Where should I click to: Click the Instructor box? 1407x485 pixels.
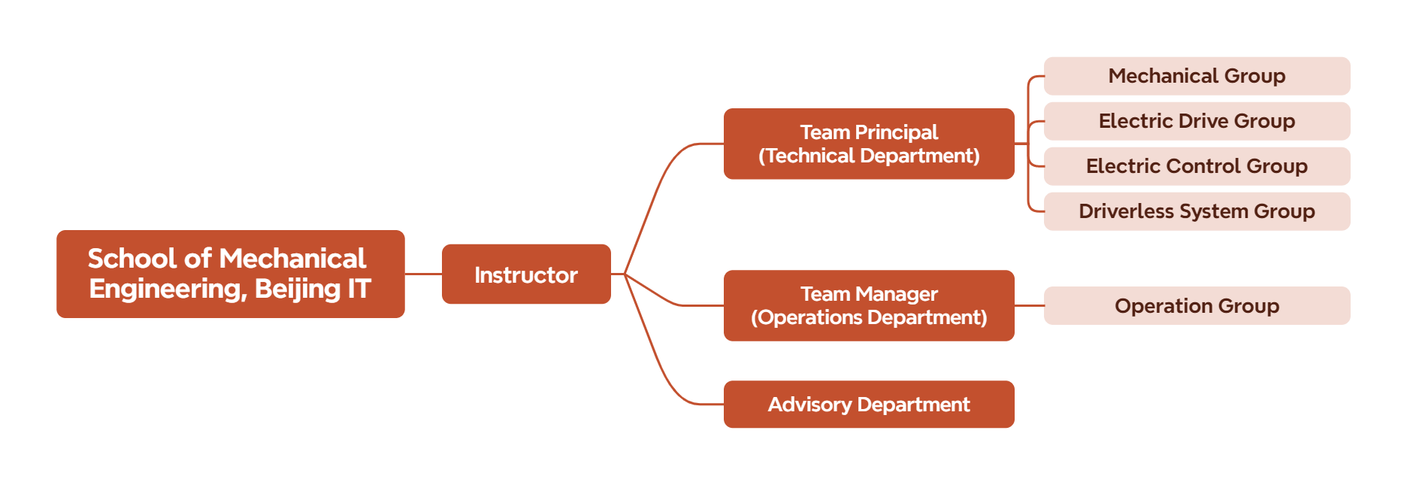[526, 274]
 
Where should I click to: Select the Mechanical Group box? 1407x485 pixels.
[1197, 76]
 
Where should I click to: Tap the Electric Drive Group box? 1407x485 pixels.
[1197, 121]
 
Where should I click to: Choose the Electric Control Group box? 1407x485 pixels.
[1197, 166]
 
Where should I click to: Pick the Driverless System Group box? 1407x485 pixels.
[1197, 211]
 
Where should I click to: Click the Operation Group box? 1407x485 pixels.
[1197, 306]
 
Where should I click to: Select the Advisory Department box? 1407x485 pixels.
[869, 405]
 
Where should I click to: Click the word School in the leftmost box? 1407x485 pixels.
[132, 259]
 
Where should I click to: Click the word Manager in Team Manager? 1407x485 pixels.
[897, 294]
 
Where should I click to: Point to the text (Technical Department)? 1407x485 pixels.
[869, 156]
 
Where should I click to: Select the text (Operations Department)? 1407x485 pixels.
[869, 318]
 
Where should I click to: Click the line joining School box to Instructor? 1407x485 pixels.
[423, 274]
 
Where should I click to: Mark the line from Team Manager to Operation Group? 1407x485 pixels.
[1029, 306]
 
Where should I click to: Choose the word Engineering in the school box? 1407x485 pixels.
[167, 289]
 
